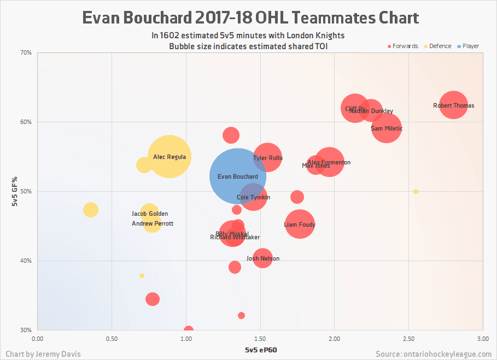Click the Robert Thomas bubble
453,105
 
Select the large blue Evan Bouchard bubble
237,176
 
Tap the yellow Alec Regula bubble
169,157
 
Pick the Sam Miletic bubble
387,128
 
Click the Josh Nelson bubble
263,258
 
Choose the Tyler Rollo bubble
267,158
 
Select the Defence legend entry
437,46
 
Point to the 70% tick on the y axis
26,53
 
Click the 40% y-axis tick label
26,261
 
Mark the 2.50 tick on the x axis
408,339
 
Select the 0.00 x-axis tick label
38,339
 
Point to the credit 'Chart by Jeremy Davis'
43,354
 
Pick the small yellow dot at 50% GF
416,192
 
